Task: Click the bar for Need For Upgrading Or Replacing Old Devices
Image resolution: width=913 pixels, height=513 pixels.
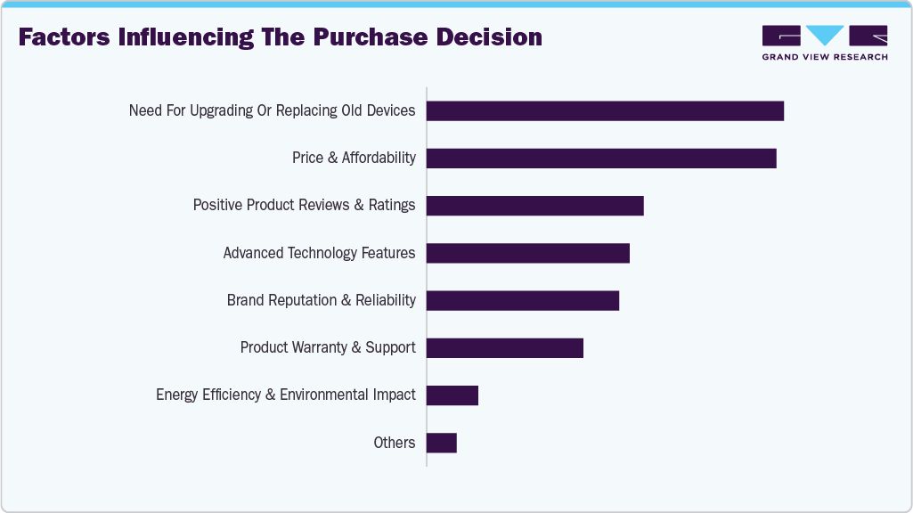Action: pyautogui.click(x=605, y=110)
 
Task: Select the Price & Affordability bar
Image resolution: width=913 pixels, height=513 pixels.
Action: pyautogui.click(x=601, y=158)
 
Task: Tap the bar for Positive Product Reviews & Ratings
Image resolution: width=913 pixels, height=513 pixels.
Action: pyautogui.click(x=534, y=206)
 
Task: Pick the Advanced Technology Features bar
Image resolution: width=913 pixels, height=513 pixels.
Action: pyautogui.click(x=527, y=253)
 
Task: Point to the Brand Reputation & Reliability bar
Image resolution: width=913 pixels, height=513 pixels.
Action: pyautogui.click(x=522, y=300)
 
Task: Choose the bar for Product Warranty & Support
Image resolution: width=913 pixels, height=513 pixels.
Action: pyautogui.click(x=504, y=347)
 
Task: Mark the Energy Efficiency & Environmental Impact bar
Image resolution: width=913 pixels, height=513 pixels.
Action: pyautogui.click(x=452, y=395)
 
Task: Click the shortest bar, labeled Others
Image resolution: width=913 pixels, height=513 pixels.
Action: pyautogui.click(x=442, y=443)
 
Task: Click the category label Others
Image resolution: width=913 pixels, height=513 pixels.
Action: pyautogui.click(x=395, y=443)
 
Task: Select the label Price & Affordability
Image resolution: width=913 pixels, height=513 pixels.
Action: pyautogui.click(x=354, y=158)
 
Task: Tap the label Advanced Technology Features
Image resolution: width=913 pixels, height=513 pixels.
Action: pyautogui.click(x=319, y=253)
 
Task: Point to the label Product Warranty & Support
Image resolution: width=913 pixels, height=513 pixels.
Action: pyautogui.click(x=328, y=347)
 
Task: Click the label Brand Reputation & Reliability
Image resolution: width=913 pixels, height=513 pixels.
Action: pyautogui.click(x=321, y=300)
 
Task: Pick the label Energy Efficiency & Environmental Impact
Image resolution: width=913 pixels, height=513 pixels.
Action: pyautogui.click(x=285, y=395)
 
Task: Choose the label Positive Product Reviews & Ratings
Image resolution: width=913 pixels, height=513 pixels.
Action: pyautogui.click(x=304, y=206)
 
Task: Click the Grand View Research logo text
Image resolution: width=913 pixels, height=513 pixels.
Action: pyautogui.click(x=824, y=57)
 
